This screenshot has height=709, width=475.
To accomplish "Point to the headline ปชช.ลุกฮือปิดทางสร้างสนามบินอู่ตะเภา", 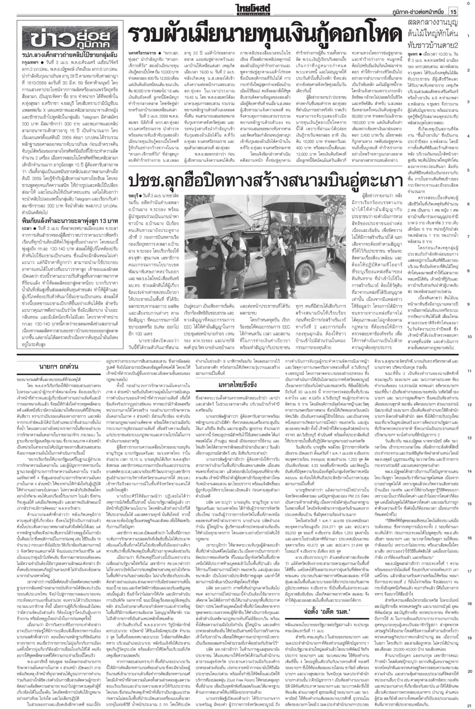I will [x=265, y=181].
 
